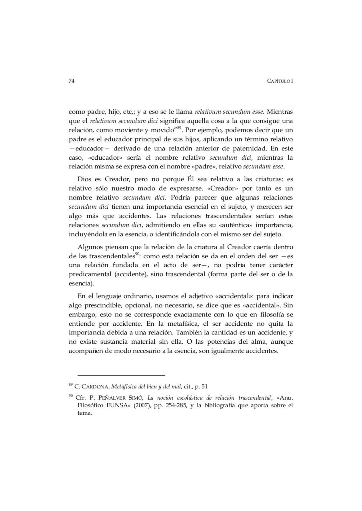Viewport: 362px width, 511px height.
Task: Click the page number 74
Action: (x=71, y=81)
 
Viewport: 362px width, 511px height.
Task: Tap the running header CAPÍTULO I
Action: (x=280, y=81)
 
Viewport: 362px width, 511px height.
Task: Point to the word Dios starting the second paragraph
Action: (x=85, y=179)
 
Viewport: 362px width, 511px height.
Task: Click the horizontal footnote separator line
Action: (x=121, y=375)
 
